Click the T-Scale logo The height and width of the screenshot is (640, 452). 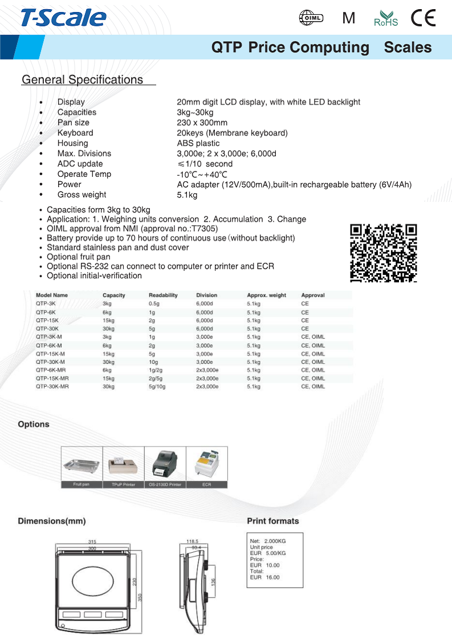click(x=63, y=18)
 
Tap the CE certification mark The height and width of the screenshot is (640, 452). click(x=424, y=19)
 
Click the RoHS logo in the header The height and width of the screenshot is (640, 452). click(x=386, y=19)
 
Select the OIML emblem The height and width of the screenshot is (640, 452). click(x=311, y=18)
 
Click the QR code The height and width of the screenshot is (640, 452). click(x=383, y=253)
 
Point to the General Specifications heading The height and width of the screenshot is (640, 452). click(x=82, y=80)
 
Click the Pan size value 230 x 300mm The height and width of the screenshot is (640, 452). click(x=202, y=123)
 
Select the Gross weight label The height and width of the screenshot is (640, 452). click(x=82, y=195)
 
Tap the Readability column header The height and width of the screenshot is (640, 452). click(x=163, y=295)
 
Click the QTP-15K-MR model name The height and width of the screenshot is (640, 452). click(x=52, y=378)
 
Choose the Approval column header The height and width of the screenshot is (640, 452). click(x=313, y=295)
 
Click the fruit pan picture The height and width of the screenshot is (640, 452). click(x=82, y=464)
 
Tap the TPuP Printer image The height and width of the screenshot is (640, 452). click(x=123, y=464)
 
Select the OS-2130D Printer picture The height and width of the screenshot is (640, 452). click(x=165, y=464)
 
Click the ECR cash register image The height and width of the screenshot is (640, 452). click(x=206, y=464)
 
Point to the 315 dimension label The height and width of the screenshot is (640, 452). click(x=92, y=541)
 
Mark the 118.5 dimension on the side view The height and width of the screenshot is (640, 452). click(x=192, y=541)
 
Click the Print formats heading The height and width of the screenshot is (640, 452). click(x=272, y=521)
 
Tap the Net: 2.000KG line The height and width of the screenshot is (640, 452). click(x=268, y=541)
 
